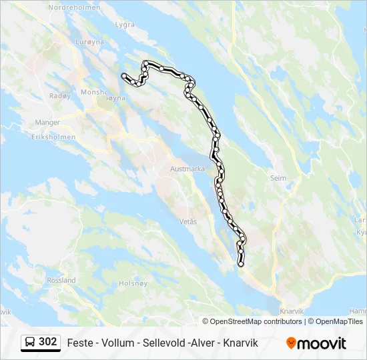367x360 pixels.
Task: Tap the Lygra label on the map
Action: coord(125,25)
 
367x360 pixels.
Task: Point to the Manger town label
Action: coord(47,123)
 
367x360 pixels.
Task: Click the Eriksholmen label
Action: coord(52,136)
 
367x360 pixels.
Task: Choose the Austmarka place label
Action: coord(188,169)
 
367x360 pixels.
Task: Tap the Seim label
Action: coord(278,178)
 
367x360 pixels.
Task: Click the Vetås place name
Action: coord(188,221)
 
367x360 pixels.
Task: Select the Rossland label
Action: coord(61,281)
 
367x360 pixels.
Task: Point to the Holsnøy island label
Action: coord(132,283)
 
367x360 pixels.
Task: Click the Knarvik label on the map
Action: coord(292,311)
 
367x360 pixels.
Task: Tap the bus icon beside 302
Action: coord(31,342)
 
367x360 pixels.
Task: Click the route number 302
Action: coord(48,342)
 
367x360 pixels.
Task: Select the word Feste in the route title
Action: coord(80,343)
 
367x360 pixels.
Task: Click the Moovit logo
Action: coord(316,343)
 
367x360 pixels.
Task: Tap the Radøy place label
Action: coord(59,95)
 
